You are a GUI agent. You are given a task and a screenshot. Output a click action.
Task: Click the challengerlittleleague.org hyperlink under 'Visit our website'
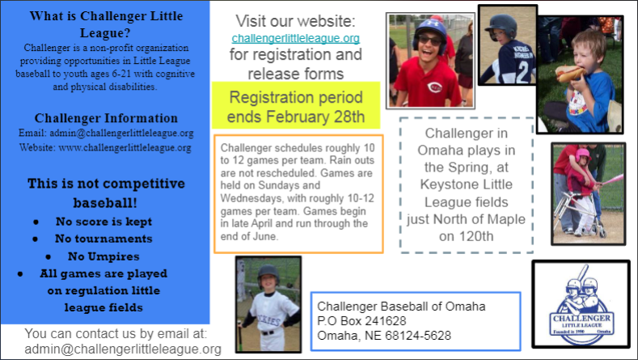(x=296, y=38)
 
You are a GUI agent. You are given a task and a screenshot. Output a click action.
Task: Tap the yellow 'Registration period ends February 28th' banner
(x=296, y=105)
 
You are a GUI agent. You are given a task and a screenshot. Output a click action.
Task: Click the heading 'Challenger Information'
(x=106, y=118)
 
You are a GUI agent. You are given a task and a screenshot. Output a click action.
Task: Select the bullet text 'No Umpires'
(x=104, y=256)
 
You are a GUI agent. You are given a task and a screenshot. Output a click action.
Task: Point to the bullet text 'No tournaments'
(x=104, y=239)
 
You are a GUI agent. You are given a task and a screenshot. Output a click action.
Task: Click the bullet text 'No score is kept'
(x=104, y=222)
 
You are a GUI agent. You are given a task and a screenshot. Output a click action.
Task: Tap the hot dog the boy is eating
(x=570, y=74)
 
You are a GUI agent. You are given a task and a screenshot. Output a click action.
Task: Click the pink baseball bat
(x=611, y=180)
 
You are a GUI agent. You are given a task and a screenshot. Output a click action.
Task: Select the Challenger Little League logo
(x=581, y=304)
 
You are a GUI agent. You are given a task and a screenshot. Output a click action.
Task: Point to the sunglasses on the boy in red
(x=429, y=40)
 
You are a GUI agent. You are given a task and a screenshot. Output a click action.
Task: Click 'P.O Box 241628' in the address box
(x=361, y=321)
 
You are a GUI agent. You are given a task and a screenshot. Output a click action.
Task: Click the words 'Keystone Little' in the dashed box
(x=466, y=184)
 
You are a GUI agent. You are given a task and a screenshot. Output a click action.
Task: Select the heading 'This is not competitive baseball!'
(x=106, y=193)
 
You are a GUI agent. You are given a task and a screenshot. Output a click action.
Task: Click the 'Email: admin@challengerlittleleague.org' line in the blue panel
(x=106, y=133)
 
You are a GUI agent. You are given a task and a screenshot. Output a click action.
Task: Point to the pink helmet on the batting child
(x=582, y=155)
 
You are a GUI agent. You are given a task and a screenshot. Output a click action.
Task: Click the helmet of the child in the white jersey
(x=268, y=273)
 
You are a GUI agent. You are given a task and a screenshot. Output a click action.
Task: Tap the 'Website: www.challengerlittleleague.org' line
(x=105, y=147)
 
